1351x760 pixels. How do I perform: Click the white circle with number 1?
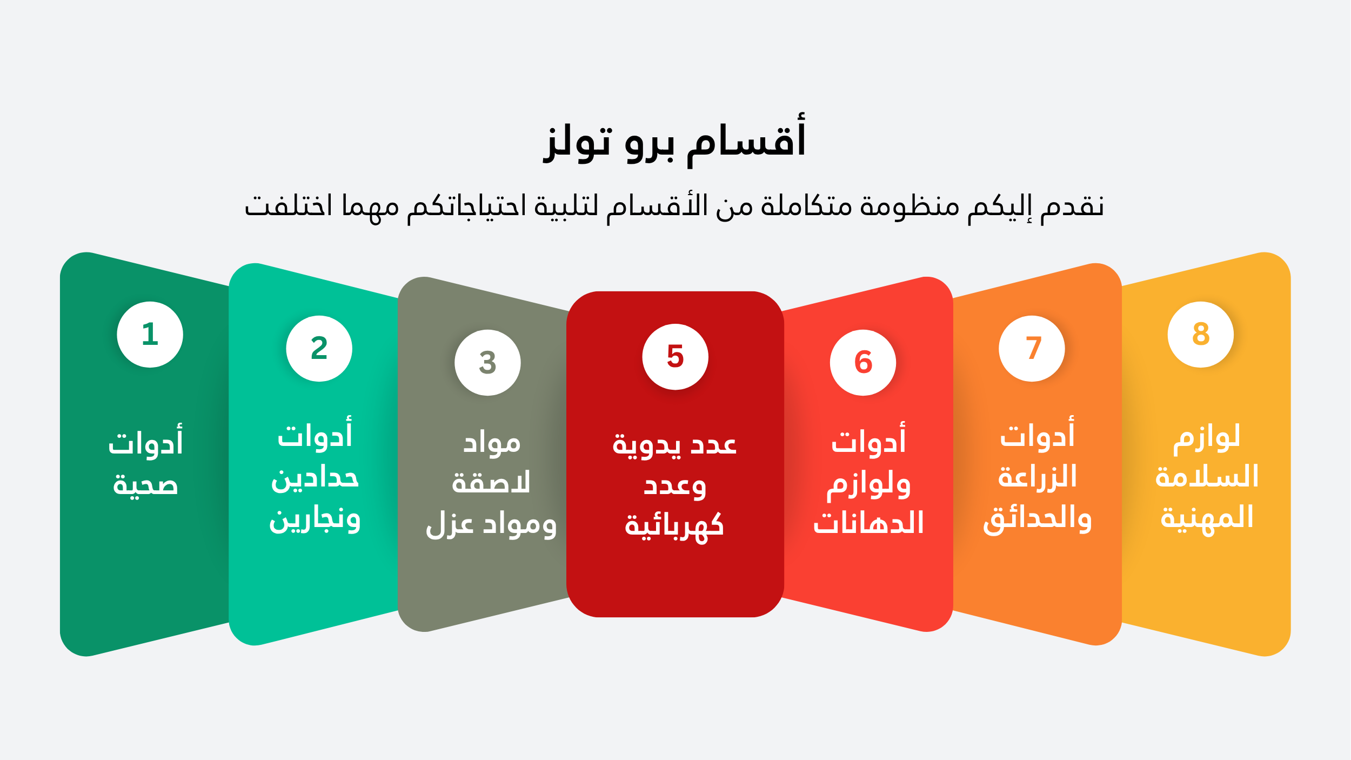click(x=150, y=335)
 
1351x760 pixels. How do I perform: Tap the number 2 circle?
click(x=319, y=349)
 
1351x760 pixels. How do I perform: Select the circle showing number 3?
click(x=487, y=363)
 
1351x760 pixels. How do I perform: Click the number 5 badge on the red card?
click(x=675, y=357)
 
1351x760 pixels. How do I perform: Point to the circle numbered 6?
click(x=863, y=363)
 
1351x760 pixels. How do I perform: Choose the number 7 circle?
click(x=1032, y=349)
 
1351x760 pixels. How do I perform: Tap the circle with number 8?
click(x=1201, y=335)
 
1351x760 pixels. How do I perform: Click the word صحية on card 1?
click(x=145, y=484)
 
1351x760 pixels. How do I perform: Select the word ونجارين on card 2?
click(x=315, y=520)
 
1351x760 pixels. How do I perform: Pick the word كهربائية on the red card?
click(x=674, y=525)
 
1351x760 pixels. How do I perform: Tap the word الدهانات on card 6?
click(x=868, y=522)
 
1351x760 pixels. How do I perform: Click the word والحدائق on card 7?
click(x=1037, y=519)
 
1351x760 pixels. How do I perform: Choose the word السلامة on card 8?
click(x=1207, y=476)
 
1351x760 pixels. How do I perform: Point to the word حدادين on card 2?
click(x=315, y=478)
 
